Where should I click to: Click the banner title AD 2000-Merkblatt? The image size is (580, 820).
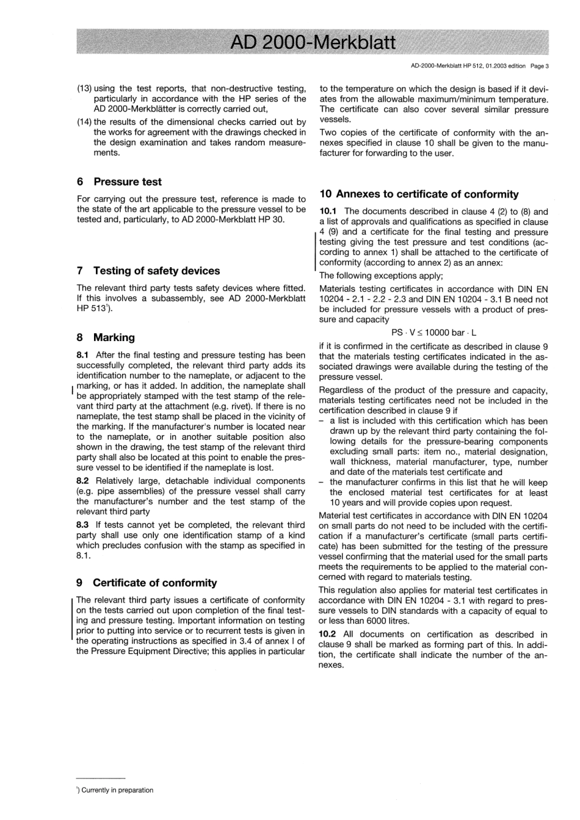click(313, 42)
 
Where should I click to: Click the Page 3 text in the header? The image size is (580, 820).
click(539, 67)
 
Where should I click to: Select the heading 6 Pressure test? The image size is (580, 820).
click(119, 182)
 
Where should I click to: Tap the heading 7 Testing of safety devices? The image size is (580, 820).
click(148, 271)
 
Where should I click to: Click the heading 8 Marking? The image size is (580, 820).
click(106, 337)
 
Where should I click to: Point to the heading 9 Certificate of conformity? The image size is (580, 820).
click(147, 583)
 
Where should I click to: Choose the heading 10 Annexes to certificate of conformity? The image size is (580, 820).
click(419, 194)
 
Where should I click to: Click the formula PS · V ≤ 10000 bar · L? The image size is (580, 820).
click(433, 333)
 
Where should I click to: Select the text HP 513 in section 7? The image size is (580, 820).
click(90, 308)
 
